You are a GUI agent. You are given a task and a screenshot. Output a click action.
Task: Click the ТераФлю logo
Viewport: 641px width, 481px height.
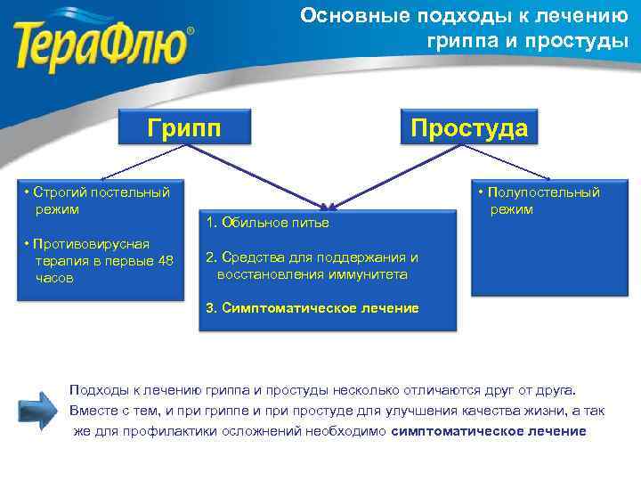click(x=103, y=39)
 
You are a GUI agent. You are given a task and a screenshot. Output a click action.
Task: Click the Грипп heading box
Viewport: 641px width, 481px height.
click(x=184, y=127)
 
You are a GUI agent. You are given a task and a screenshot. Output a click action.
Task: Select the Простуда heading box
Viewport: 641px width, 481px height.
click(x=468, y=127)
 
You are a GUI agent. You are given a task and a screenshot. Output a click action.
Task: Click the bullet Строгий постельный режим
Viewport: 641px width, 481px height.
click(x=97, y=200)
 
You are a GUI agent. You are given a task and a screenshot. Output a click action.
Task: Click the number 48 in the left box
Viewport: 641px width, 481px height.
click(x=165, y=261)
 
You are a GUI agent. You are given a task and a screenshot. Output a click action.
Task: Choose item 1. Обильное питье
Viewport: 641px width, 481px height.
click(x=267, y=222)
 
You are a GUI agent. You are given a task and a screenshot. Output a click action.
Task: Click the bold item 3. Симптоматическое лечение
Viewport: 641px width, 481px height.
click(x=312, y=308)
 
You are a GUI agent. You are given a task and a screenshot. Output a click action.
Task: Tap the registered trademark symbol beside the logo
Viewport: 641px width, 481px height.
click(x=189, y=31)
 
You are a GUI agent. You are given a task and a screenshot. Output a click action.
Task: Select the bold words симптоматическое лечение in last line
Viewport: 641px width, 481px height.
click(x=489, y=431)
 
